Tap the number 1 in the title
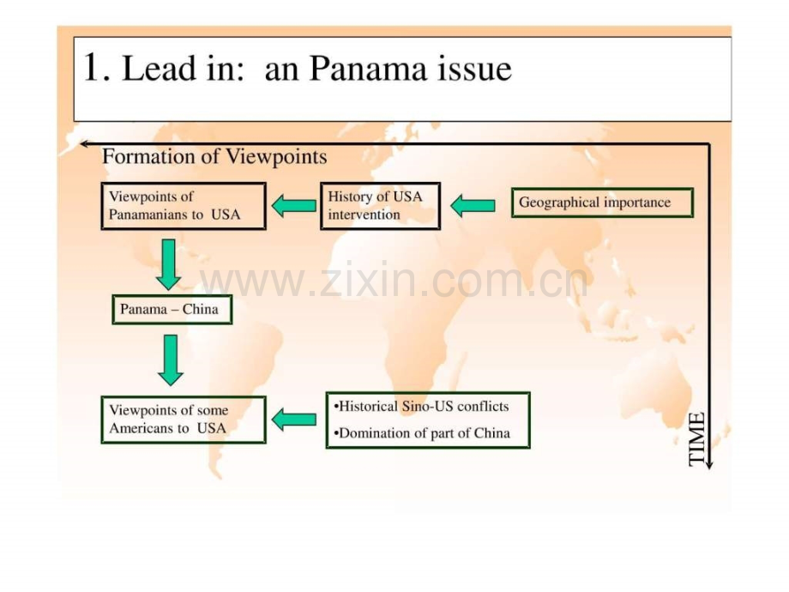(91, 68)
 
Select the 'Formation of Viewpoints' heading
(215, 156)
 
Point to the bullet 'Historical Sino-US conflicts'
(421, 407)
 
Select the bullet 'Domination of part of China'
(422, 433)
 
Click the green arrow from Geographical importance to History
(473, 205)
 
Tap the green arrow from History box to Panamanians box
(294, 205)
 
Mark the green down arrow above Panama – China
(169, 265)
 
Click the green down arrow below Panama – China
(171, 360)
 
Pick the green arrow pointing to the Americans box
(294, 420)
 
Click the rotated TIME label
(697, 439)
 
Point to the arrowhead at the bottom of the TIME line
(709, 465)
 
